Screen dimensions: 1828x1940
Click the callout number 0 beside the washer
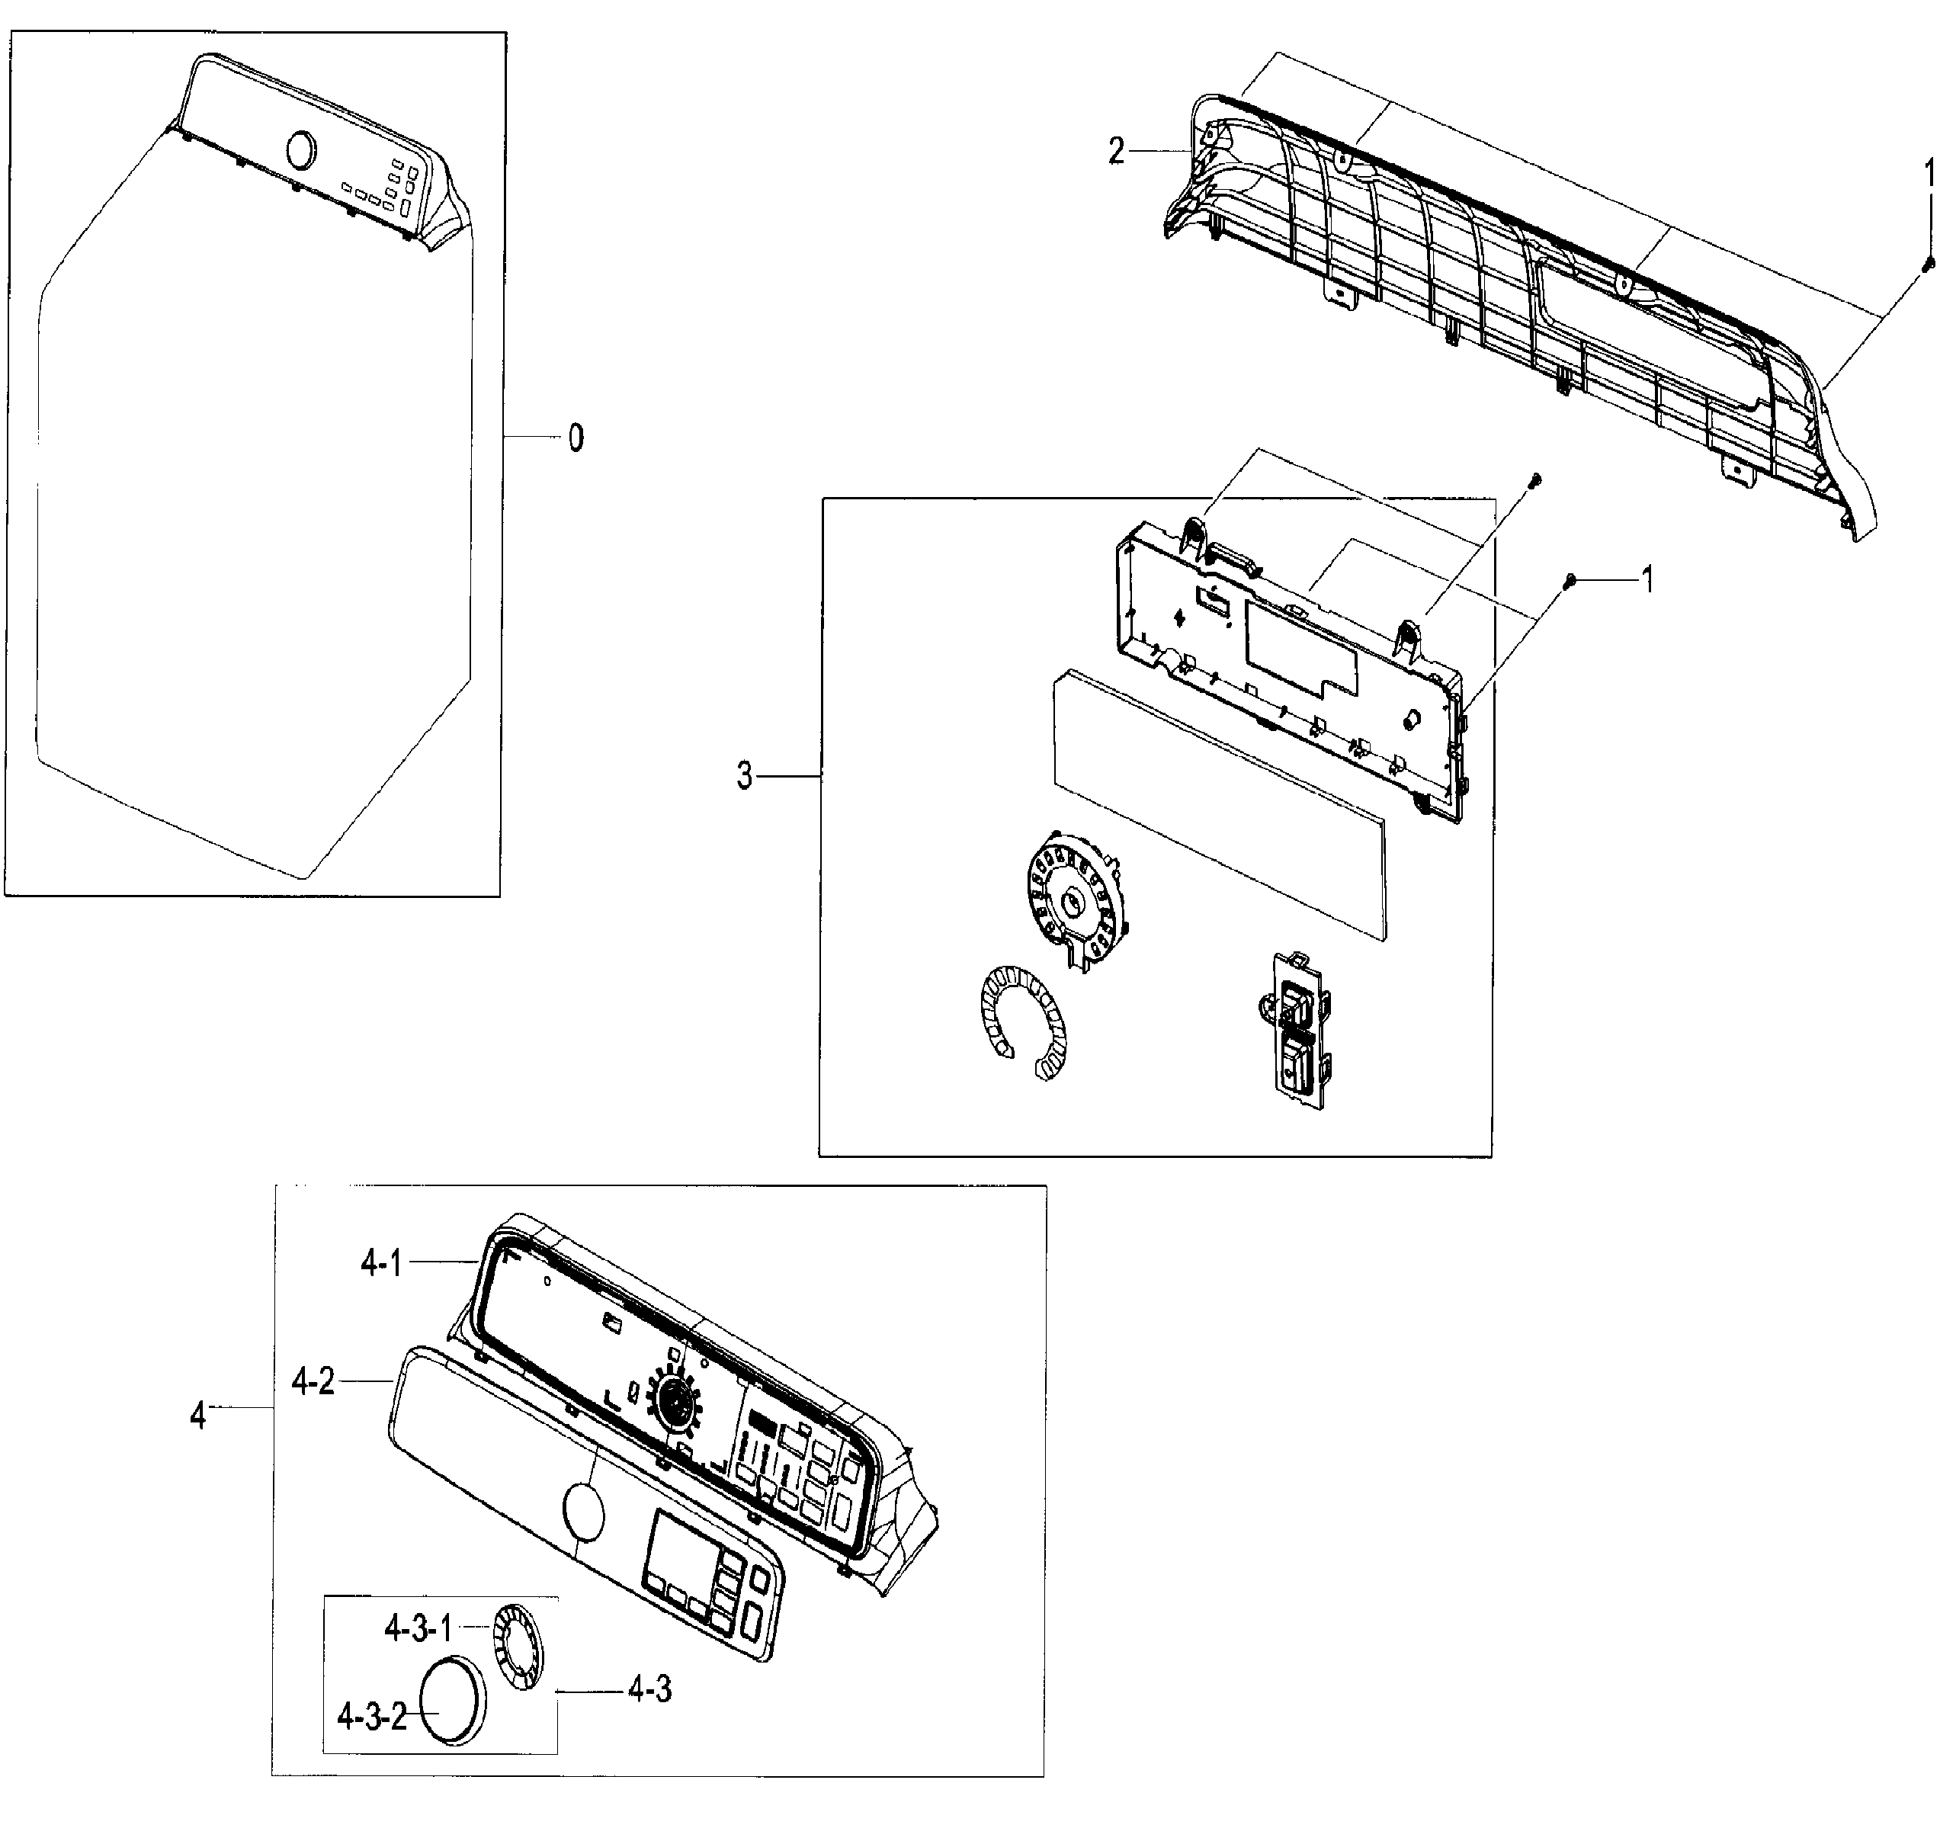576,438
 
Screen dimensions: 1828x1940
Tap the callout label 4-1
380,1264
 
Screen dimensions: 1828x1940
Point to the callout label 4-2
313,1381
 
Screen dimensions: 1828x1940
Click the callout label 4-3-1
418,1628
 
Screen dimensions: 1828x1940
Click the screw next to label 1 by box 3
1570,582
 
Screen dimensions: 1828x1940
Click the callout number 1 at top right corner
1929,175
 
